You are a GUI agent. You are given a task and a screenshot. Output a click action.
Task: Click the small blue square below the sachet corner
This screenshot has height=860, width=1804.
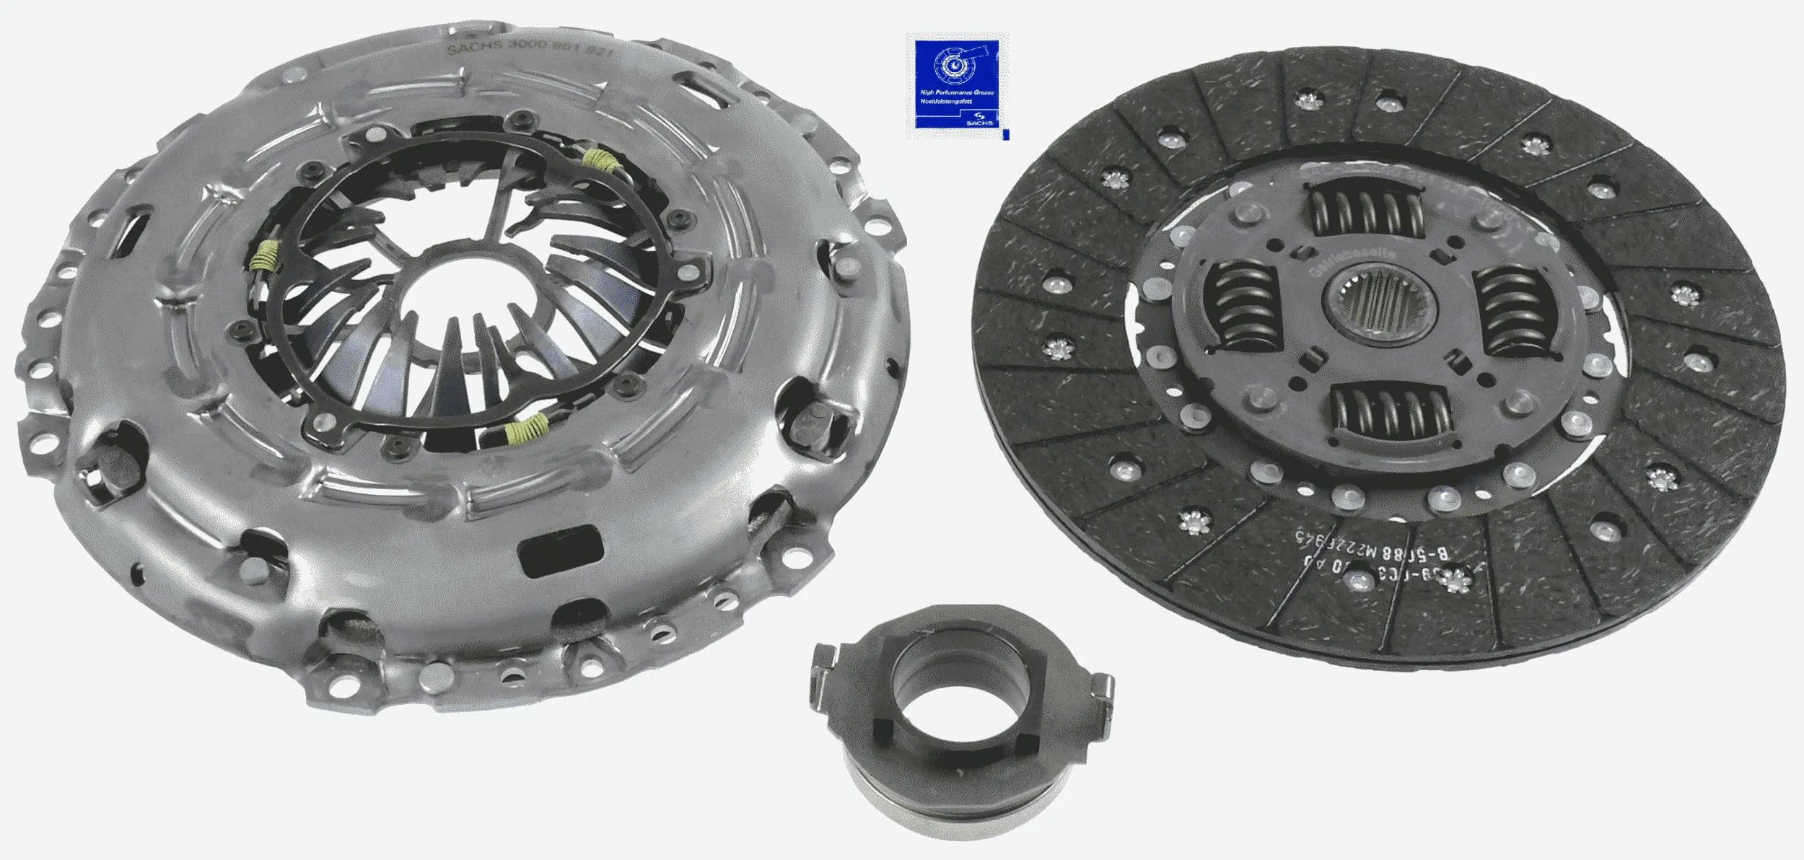1006,135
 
